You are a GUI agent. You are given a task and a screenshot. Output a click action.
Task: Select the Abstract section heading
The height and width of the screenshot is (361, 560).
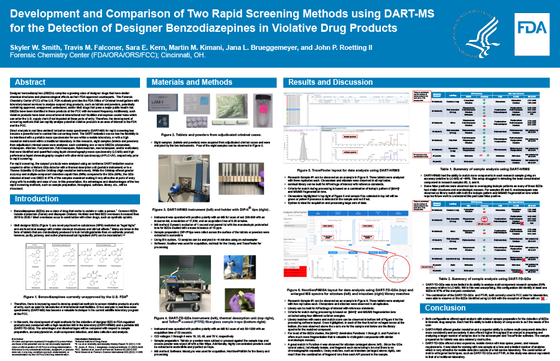click(x=30, y=82)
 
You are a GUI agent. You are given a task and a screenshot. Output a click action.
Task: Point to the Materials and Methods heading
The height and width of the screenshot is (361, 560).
click(x=192, y=82)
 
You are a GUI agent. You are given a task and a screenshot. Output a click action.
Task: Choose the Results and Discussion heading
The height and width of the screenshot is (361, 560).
click(x=339, y=82)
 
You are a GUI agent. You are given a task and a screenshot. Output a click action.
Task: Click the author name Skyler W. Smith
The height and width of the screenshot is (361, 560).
click(x=34, y=47)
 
